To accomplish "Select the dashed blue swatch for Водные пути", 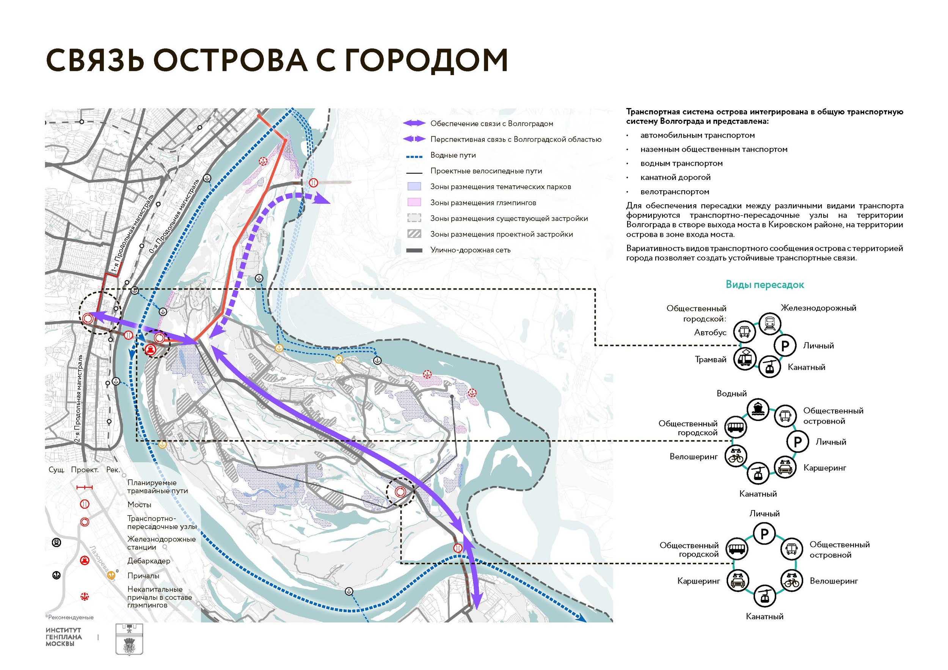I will pyautogui.click(x=414, y=157).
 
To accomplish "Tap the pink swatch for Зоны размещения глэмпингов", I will pyautogui.click(x=414, y=202).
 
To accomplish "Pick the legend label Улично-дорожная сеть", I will pyautogui.click(x=470, y=250).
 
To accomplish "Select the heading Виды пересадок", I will pyautogui.click(x=765, y=285).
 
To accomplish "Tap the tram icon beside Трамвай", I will pyautogui.click(x=744, y=358).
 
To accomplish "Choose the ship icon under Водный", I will pyautogui.click(x=758, y=410).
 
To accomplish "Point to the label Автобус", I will pyautogui.click(x=710, y=332).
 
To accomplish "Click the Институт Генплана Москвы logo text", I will pyautogui.click(x=64, y=637).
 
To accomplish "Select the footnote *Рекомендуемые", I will pyautogui.click(x=69, y=618).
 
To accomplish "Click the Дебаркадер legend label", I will pyautogui.click(x=149, y=561).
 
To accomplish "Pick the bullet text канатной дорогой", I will pyautogui.click(x=675, y=177).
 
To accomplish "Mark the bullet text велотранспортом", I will pyautogui.click(x=675, y=192).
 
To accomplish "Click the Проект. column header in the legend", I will pyautogui.click(x=85, y=470).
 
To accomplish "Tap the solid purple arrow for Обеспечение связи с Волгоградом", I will pyautogui.click(x=414, y=124).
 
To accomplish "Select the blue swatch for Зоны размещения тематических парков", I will pyautogui.click(x=414, y=186).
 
